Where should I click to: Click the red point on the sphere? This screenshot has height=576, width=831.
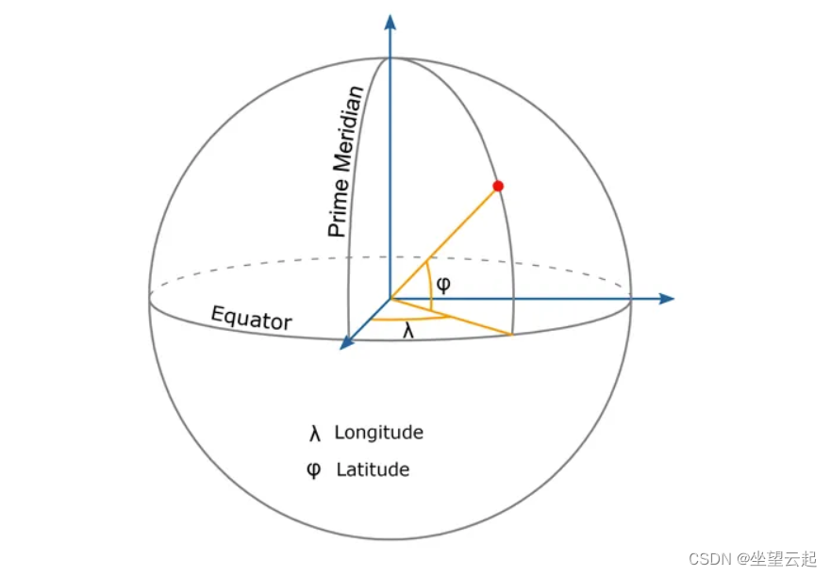tap(498, 186)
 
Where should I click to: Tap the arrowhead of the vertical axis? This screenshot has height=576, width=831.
tap(390, 22)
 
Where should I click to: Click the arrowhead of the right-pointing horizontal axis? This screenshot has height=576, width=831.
tap(667, 299)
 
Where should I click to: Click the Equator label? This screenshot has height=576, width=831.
tap(251, 319)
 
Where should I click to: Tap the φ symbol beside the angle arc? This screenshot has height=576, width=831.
tap(442, 284)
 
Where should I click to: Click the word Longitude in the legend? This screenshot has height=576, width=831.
tap(378, 433)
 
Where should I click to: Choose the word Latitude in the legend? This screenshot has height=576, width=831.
tap(373, 469)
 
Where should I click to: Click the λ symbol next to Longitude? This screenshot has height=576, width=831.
tap(315, 434)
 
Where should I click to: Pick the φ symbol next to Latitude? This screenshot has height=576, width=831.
tap(314, 469)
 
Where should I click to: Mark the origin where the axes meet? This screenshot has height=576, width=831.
tap(390, 299)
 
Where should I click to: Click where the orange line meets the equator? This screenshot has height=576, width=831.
tap(511, 334)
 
